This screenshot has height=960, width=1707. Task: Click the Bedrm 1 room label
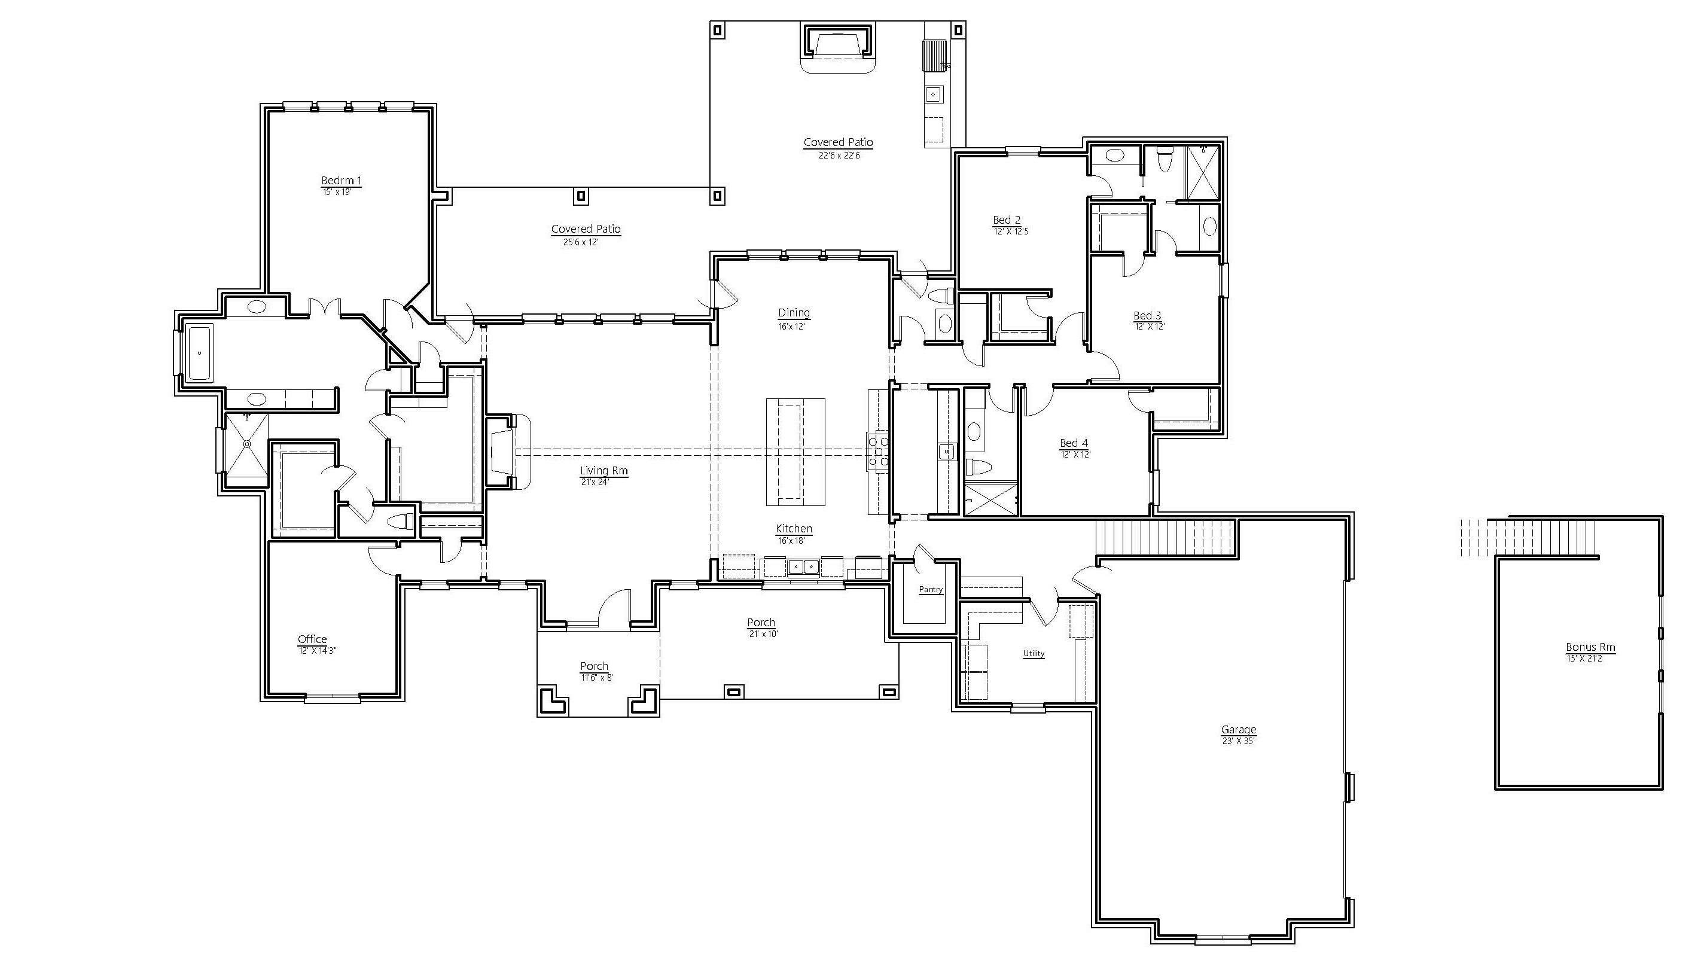[x=342, y=180]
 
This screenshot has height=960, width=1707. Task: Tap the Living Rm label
[x=603, y=471]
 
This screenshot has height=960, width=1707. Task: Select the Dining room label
[x=794, y=313]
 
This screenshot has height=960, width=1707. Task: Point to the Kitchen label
[x=794, y=529]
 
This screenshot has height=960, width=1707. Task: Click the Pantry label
[x=931, y=590]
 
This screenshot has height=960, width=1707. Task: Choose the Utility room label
[x=1034, y=653]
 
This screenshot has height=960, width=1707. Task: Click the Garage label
[x=1239, y=730]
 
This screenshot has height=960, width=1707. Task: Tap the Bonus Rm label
[x=1590, y=647]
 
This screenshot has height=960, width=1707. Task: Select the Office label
[x=312, y=639]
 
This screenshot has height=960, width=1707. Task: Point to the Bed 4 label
[x=1074, y=443]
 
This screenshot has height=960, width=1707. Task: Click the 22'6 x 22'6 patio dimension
[x=839, y=156]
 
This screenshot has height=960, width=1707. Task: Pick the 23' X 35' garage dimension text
[x=1239, y=741]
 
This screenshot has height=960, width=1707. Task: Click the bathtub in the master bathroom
[x=199, y=352]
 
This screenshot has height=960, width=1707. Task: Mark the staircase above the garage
[x=1166, y=537]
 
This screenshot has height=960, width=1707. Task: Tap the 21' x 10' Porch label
[x=761, y=627]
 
